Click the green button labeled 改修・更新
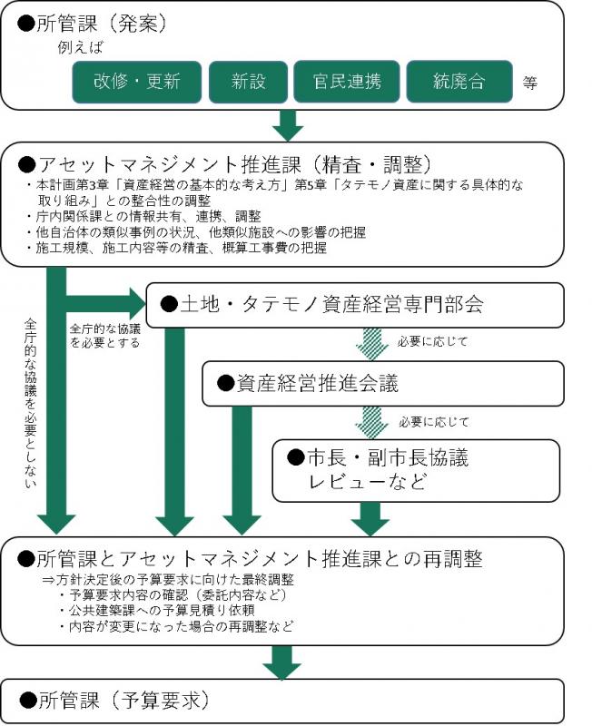point(137,82)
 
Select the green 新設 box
point(248,82)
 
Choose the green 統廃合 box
point(459,82)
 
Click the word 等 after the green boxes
point(530,83)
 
